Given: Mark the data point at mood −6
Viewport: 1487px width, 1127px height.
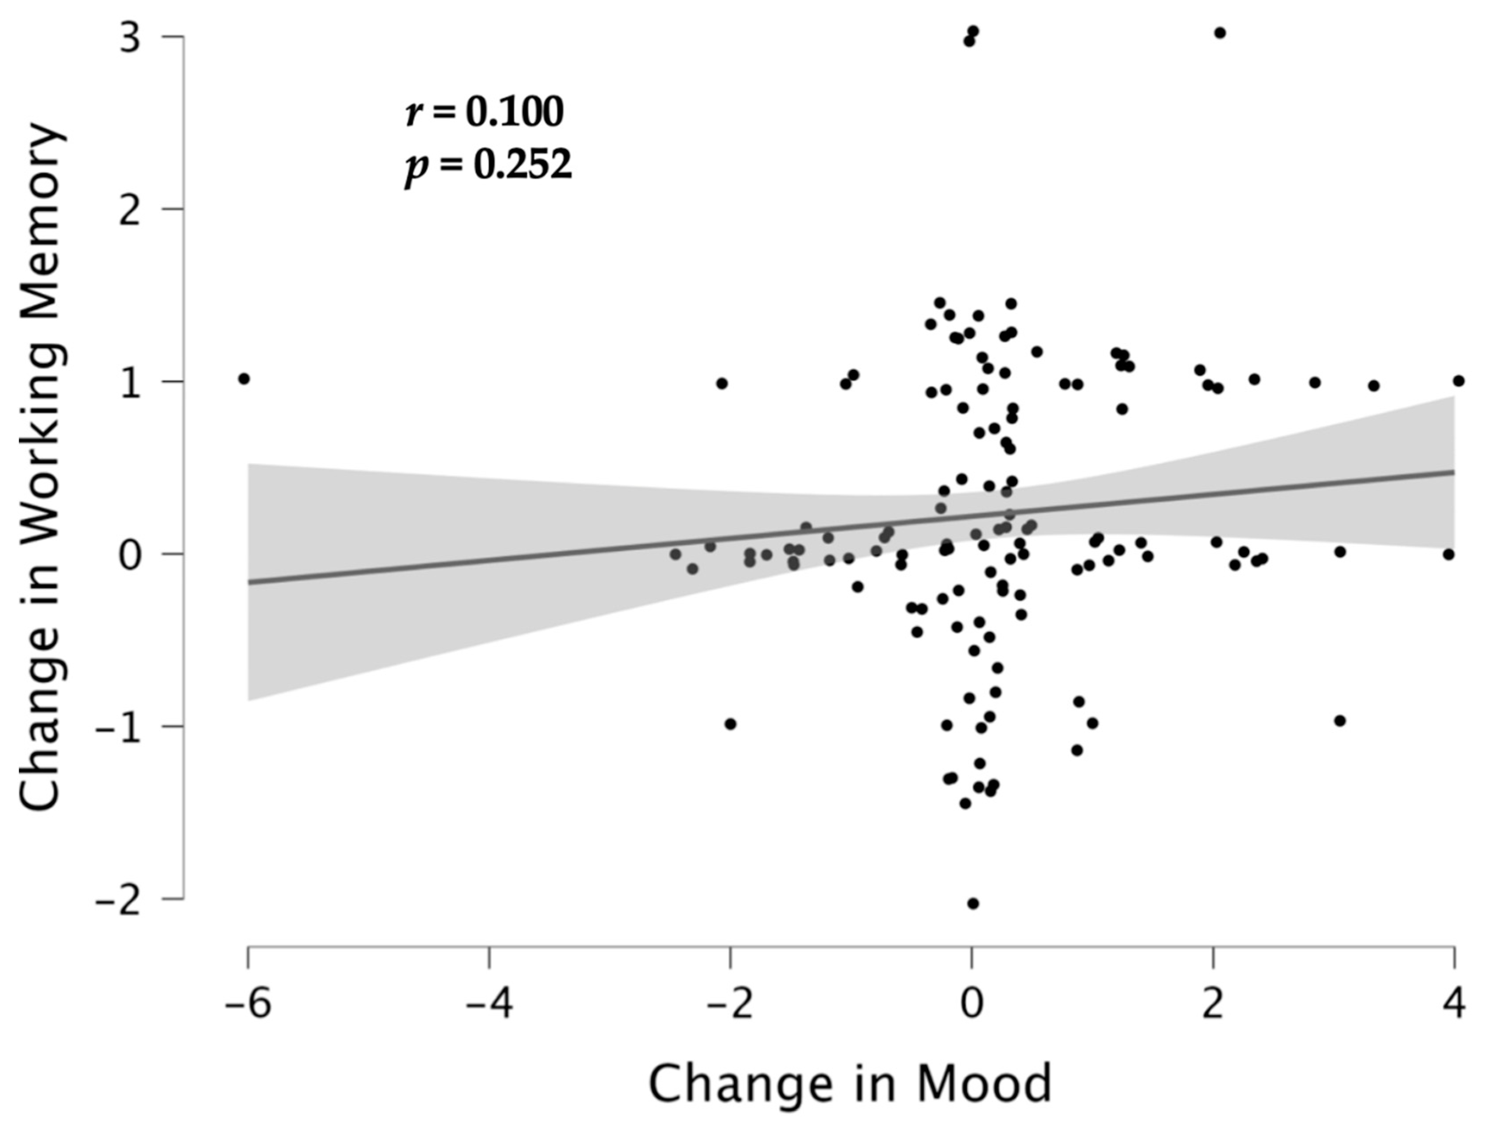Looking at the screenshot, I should click(244, 379).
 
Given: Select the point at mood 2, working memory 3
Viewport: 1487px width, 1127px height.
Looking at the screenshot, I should click(1220, 33).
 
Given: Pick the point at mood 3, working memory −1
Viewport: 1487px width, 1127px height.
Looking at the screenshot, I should click(1340, 721).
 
